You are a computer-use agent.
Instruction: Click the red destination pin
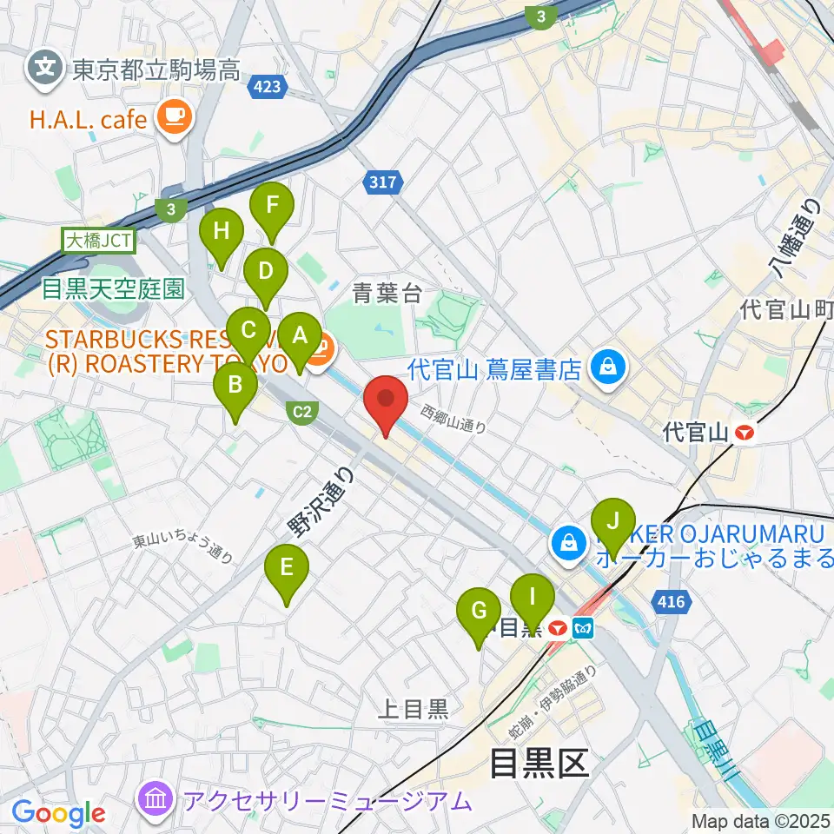point(385,403)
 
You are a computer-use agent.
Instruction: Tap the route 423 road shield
point(268,86)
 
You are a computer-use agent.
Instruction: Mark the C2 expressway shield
point(301,413)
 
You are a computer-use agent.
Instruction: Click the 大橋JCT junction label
point(97,239)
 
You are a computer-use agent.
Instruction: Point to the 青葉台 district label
point(387,294)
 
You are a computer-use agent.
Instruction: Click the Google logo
point(58,812)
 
